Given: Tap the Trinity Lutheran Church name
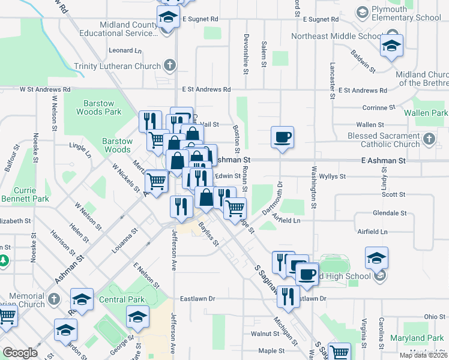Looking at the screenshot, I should pos(117,66).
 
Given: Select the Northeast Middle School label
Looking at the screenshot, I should pos(333,36).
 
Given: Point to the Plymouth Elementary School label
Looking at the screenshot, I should pos(406,13).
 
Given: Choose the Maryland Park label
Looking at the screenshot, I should pos(416,338).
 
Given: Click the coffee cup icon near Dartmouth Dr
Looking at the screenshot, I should pos(282,137).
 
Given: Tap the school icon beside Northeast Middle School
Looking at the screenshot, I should pos(391,46).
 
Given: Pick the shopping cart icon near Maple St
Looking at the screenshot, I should pos(340,352).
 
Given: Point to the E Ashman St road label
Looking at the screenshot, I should pos(384,161).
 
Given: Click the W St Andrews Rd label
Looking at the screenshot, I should pos(45,89).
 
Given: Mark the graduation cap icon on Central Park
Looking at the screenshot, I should pos(137,316).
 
